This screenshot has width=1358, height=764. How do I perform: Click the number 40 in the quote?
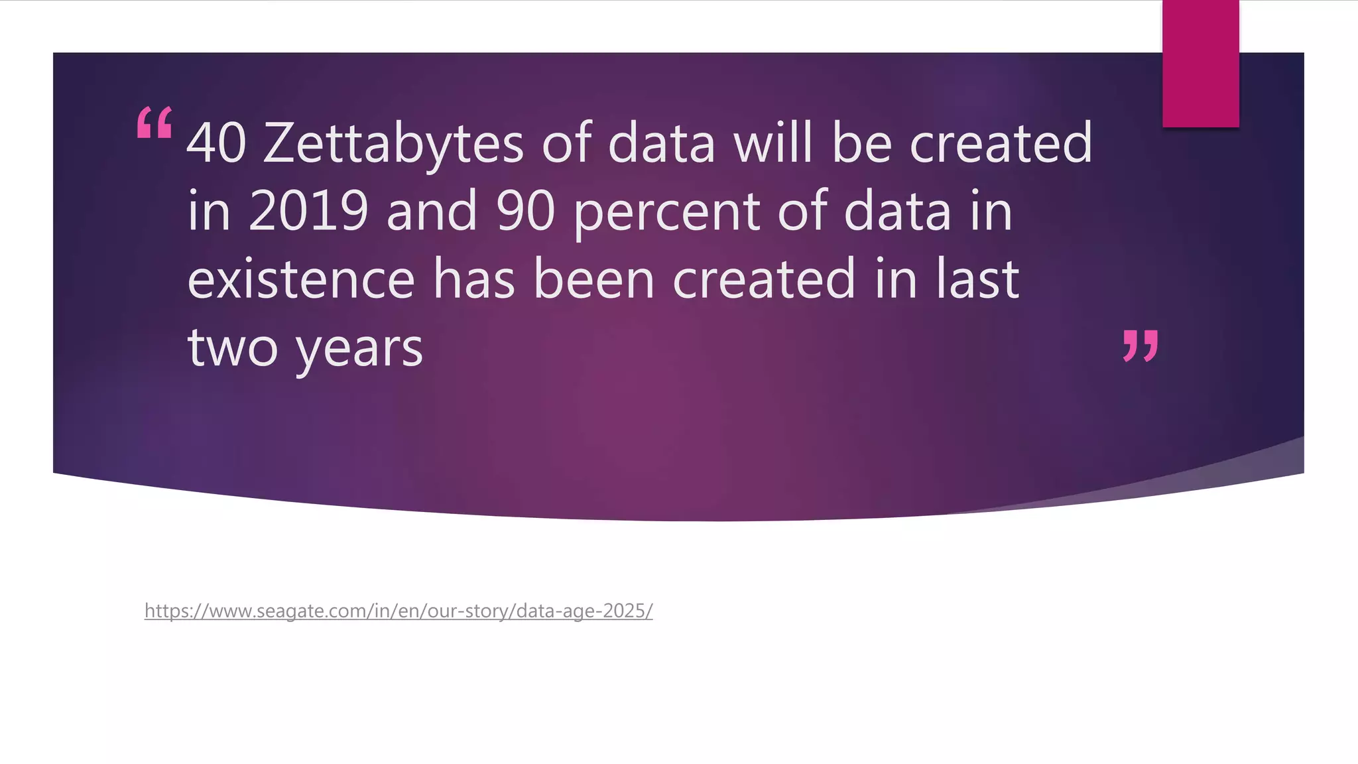tap(216, 143)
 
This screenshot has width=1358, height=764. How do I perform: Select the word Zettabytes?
tap(393, 143)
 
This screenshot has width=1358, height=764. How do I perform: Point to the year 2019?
tap(308, 211)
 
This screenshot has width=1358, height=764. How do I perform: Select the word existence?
tap(301, 279)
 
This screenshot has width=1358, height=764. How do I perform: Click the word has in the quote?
tap(474, 279)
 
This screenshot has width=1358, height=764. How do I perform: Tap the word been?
tap(594, 279)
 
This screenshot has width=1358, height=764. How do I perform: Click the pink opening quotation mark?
tap(154, 123)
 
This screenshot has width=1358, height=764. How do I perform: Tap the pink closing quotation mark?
tap(1141, 346)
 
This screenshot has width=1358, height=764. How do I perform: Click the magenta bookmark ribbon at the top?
tap(1200, 64)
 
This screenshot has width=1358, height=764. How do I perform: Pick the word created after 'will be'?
tap(1001, 143)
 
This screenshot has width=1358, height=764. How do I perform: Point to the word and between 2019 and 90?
tap(432, 211)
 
